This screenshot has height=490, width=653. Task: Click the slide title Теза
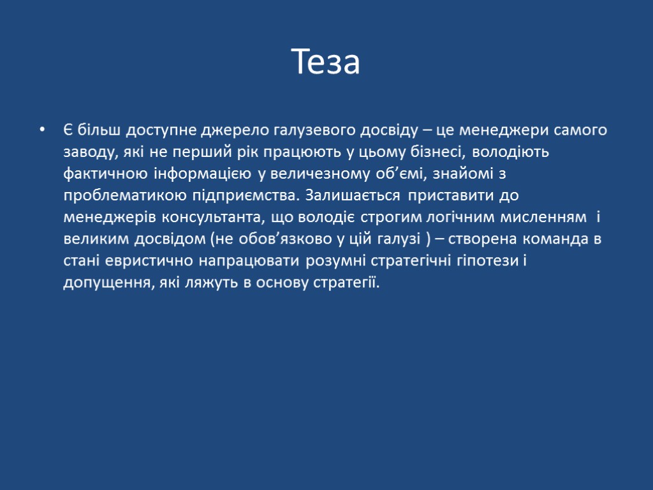click(326, 62)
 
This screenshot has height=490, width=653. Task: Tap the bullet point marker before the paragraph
click(42, 131)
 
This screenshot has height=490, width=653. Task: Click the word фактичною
click(105, 174)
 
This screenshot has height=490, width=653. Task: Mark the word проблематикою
click(119, 196)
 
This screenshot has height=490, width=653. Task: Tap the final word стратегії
click(347, 283)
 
